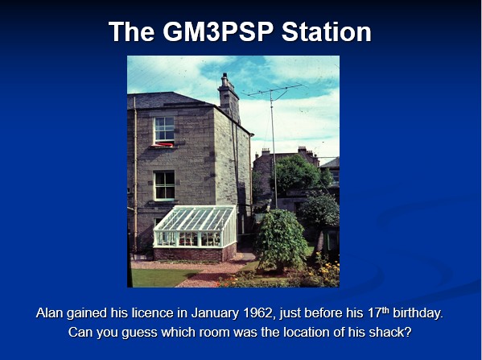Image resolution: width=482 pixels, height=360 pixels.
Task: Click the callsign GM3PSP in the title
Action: (x=218, y=31)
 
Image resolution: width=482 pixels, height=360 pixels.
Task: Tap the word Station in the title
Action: (x=327, y=31)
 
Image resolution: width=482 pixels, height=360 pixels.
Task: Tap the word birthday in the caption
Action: (x=418, y=313)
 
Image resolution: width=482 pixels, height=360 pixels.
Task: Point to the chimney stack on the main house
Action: (x=229, y=97)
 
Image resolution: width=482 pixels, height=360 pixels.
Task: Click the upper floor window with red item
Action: (x=164, y=131)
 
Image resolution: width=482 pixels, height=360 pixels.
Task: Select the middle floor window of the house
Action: (x=164, y=185)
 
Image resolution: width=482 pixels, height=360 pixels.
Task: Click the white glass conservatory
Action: (x=196, y=226)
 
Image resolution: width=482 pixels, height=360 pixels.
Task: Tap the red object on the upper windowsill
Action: (x=163, y=144)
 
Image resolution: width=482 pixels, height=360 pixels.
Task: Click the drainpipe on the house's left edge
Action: (x=135, y=176)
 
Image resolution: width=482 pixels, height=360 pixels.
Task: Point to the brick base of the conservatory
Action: (x=195, y=253)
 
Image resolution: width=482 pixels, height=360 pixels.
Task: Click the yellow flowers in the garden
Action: (x=327, y=270)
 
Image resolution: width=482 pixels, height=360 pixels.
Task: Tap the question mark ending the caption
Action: (x=408, y=333)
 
